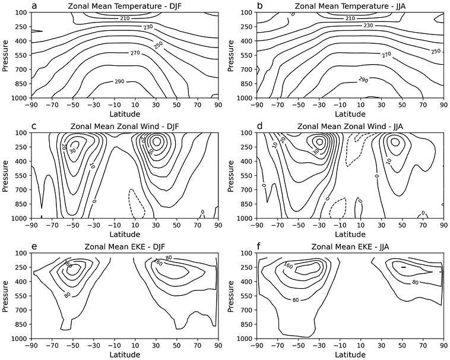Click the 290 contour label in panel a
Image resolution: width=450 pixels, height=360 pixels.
coord(126,81)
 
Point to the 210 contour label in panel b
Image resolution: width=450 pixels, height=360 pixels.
coord(351,19)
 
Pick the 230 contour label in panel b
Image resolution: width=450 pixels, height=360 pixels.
coord(369,26)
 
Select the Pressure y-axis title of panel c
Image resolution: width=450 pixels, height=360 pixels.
coord(5,175)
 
